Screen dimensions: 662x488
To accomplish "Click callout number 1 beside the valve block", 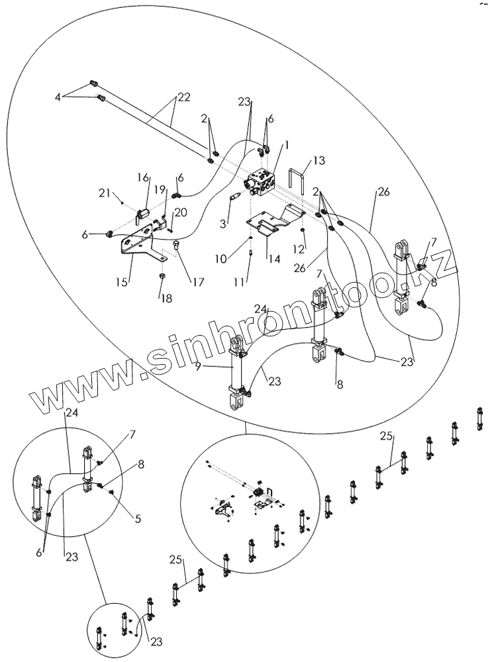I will pos(287,146).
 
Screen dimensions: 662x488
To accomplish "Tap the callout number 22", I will pos(183,97).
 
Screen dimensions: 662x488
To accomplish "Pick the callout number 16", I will pos(144,178).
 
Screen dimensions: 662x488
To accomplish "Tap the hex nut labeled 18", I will pos(163,275).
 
